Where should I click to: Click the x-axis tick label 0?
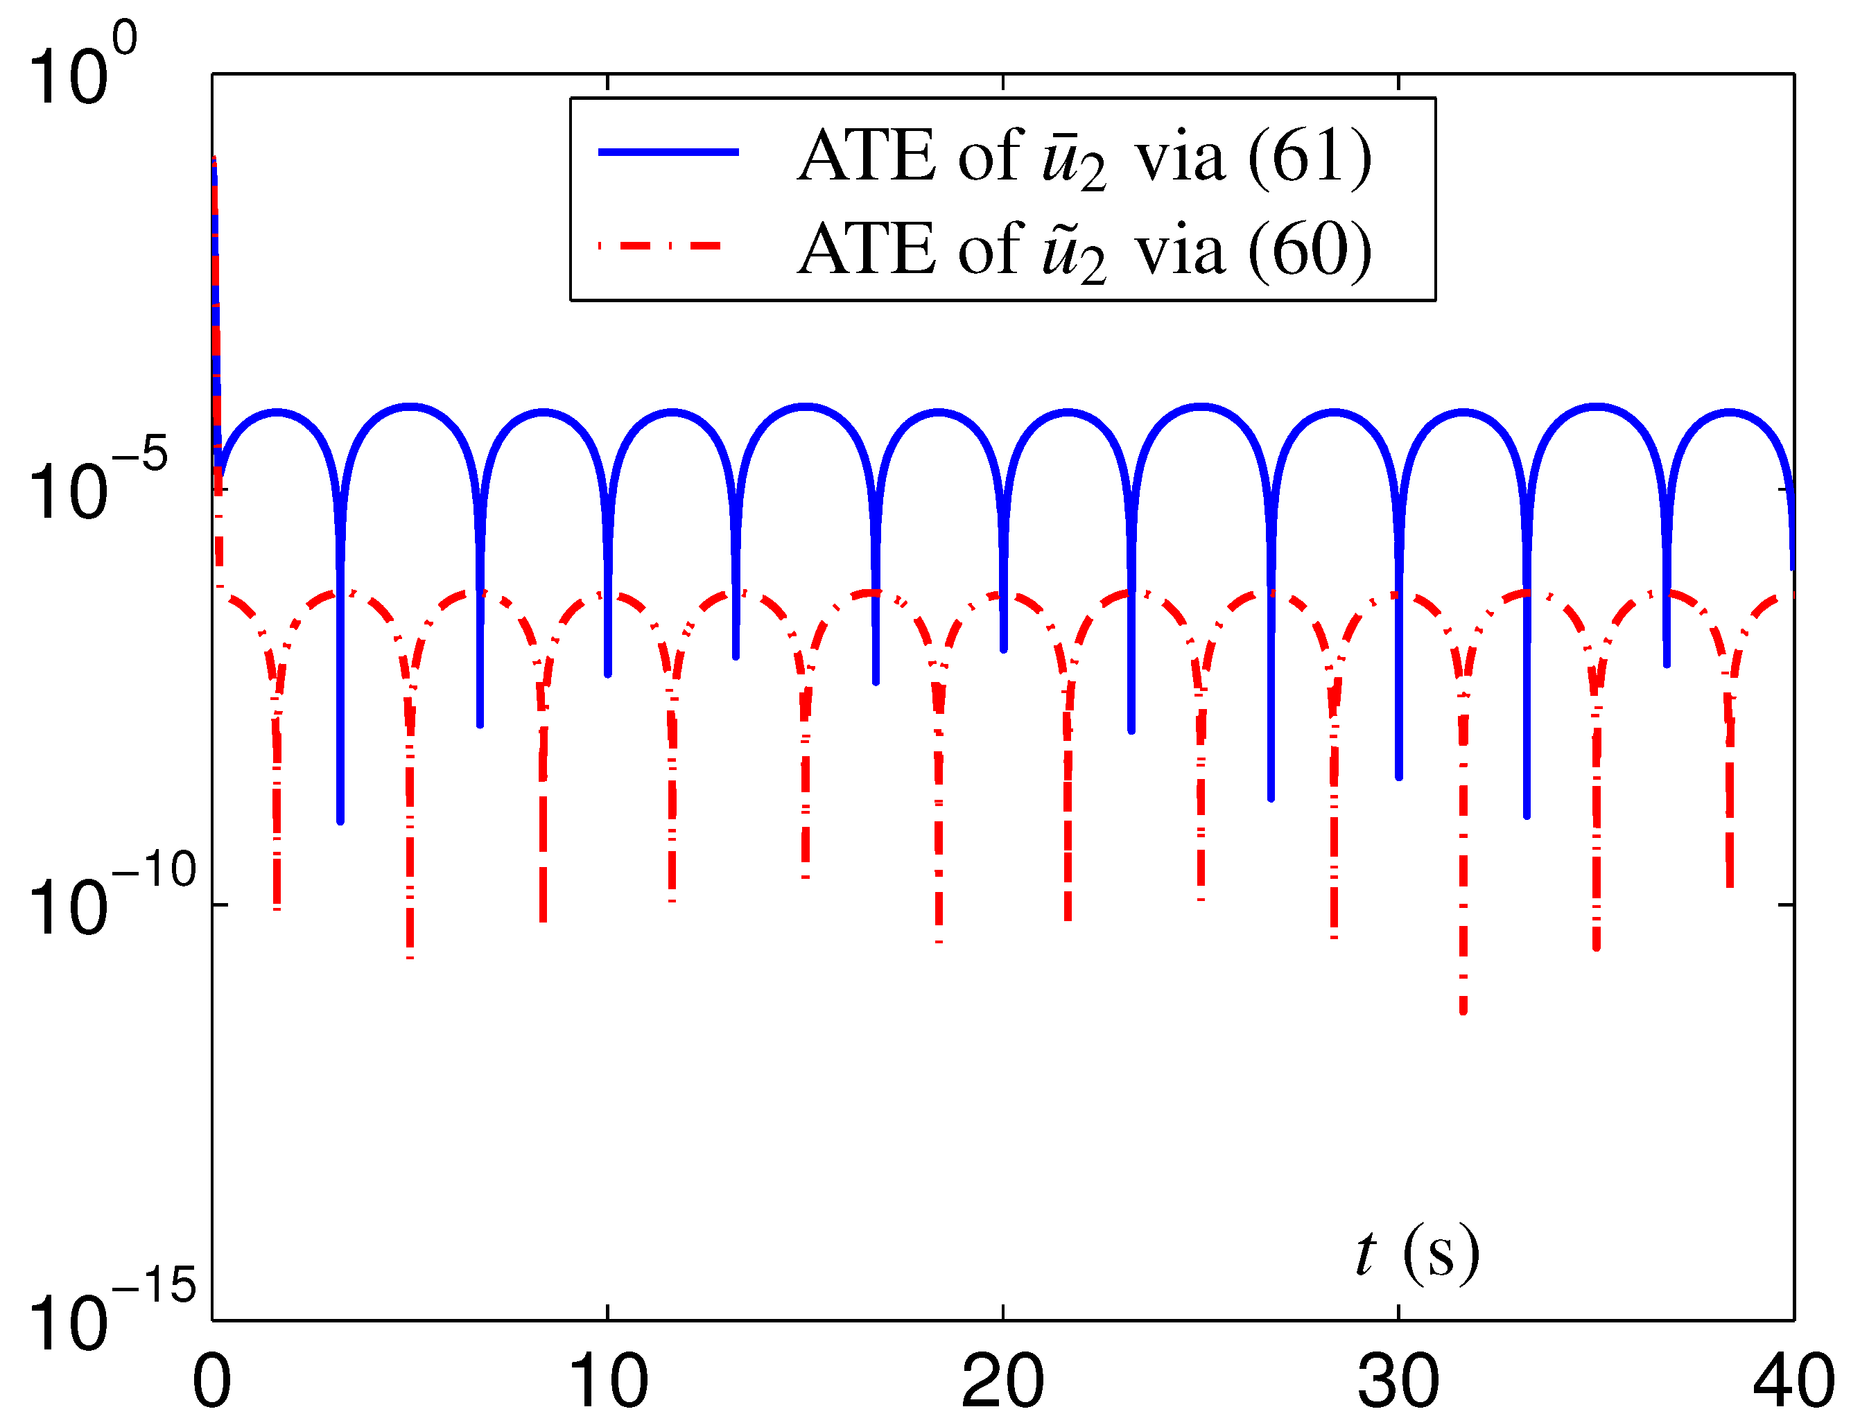click(x=212, y=1383)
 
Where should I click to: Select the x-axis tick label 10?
click(x=607, y=1383)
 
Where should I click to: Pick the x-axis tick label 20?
click(x=1003, y=1383)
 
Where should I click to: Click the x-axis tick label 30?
click(x=1398, y=1383)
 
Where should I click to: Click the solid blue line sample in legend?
click(x=669, y=152)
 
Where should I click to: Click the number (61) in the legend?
click(x=1310, y=156)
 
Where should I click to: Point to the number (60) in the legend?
click(x=1310, y=250)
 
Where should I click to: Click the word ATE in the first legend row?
click(x=867, y=156)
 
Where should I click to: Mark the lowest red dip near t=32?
click(x=1463, y=1009)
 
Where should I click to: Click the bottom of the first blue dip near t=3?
click(x=340, y=819)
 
